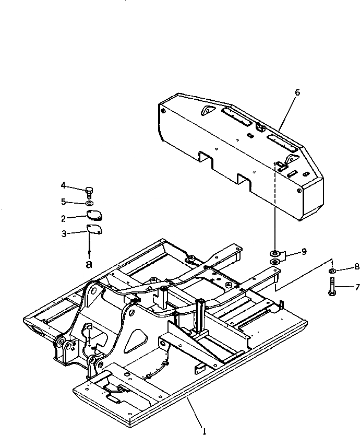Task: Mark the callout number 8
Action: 357,266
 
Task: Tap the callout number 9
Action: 304,251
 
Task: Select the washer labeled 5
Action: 89,202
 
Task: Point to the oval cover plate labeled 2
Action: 94,215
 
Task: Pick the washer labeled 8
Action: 332,272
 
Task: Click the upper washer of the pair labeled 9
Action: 274,253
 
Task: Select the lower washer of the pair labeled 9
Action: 274,261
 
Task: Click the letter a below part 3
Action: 89,264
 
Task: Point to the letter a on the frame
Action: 89,326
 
